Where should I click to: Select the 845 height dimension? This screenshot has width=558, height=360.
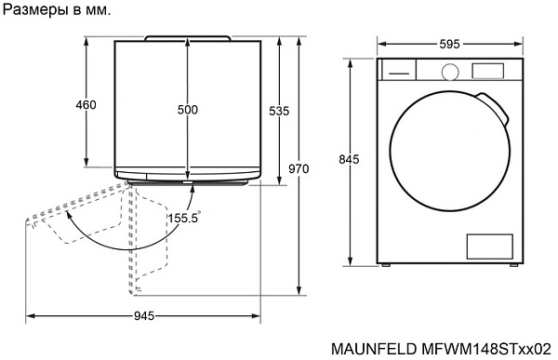click(x=349, y=160)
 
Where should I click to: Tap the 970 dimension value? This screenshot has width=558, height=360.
click(x=299, y=169)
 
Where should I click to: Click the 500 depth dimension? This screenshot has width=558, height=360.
click(x=187, y=110)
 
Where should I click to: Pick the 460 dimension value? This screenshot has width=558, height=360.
click(x=86, y=105)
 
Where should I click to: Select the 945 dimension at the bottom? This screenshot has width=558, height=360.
click(x=143, y=316)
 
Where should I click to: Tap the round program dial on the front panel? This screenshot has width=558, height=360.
click(x=451, y=71)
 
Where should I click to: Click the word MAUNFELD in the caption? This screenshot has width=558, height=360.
click(x=372, y=348)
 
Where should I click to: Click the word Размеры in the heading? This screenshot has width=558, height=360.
click(x=33, y=10)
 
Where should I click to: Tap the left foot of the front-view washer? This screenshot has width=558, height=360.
click(x=384, y=266)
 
